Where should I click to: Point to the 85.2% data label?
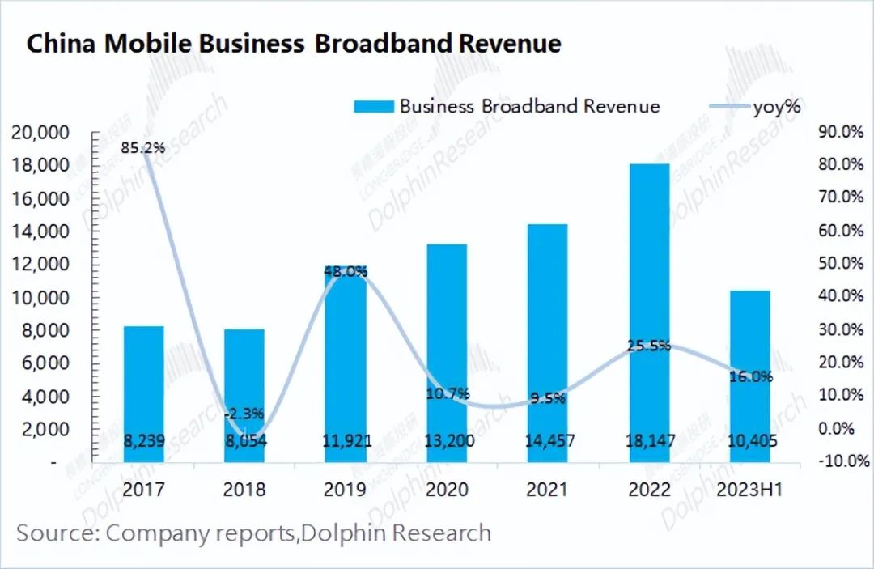[x=142, y=148]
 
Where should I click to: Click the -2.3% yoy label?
[x=244, y=413]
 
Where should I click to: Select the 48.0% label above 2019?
[x=346, y=272]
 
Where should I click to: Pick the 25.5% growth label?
[x=649, y=346]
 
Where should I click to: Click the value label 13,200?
[x=447, y=442]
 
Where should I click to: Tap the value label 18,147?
[x=649, y=442]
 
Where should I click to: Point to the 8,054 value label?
[x=244, y=442]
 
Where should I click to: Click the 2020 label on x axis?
[x=447, y=490]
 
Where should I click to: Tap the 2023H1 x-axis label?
[x=750, y=490]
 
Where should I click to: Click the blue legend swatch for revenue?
[x=372, y=106]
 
